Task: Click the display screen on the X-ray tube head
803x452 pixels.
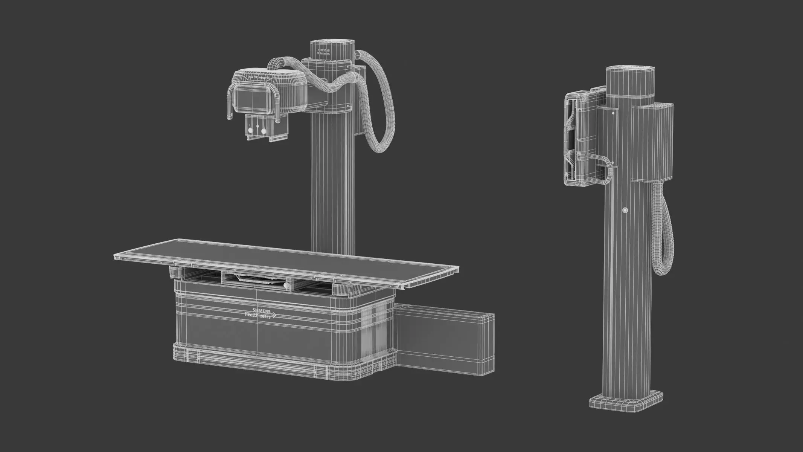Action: coord(253,97)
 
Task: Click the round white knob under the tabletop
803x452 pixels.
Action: coord(287,286)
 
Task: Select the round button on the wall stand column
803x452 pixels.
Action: coord(625,210)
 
